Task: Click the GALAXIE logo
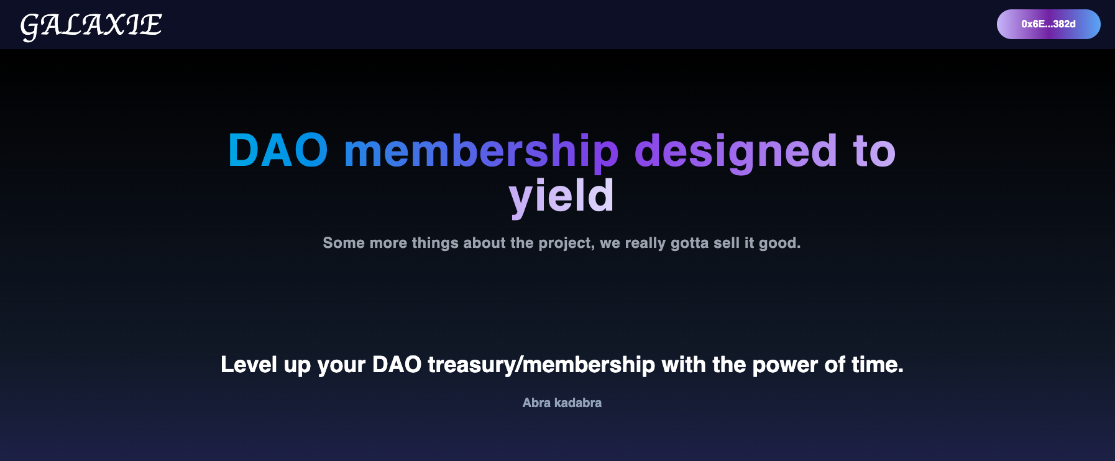pyautogui.click(x=91, y=26)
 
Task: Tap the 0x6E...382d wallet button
pyautogui.click(x=1048, y=24)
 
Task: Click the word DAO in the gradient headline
pyautogui.click(x=278, y=151)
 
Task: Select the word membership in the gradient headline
pyautogui.click(x=481, y=153)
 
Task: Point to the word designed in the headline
pyautogui.click(x=735, y=153)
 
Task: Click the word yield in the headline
pyautogui.click(x=561, y=196)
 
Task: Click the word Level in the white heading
pyautogui.click(x=249, y=365)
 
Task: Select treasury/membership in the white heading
pyautogui.click(x=541, y=365)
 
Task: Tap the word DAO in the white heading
pyautogui.click(x=397, y=365)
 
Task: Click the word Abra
pyautogui.click(x=536, y=403)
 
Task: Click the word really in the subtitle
pyautogui.click(x=645, y=243)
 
